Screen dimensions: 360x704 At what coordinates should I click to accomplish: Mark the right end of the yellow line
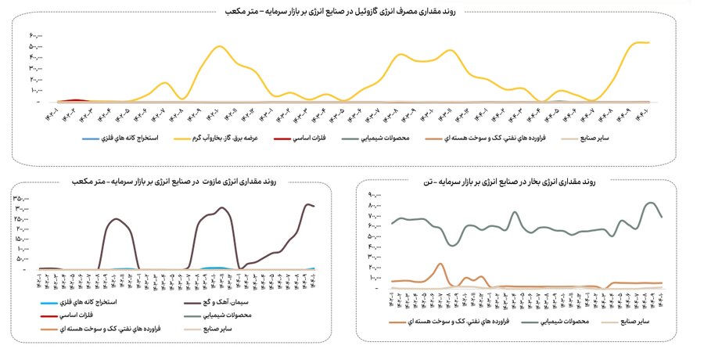(x=649, y=42)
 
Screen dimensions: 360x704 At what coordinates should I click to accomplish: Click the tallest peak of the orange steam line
(x=440, y=265)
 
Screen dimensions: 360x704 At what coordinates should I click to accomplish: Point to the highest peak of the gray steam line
(x=651, y=203)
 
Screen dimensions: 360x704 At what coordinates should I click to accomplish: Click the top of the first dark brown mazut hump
(x=117, y=218)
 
